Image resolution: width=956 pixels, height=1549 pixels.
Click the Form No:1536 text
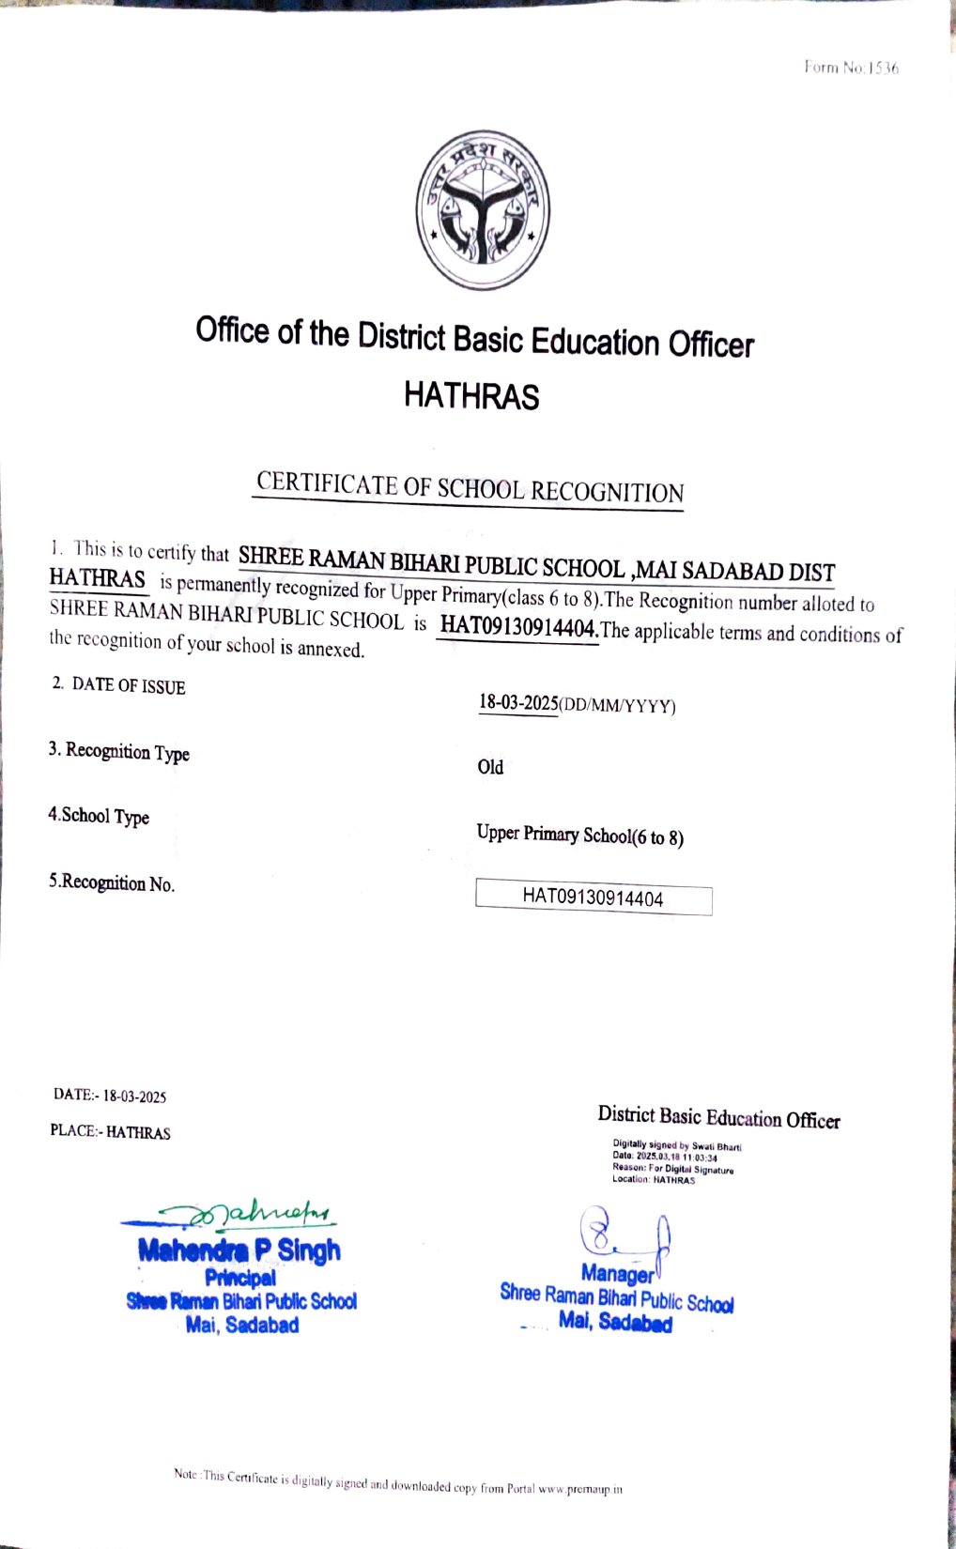851,68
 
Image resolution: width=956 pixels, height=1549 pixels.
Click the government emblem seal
483,210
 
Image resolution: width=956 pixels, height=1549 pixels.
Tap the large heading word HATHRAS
471,395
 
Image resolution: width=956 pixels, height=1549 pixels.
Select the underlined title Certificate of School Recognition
470,488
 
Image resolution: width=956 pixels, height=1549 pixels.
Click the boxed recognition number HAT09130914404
593,898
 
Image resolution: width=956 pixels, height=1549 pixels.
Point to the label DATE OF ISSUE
129,686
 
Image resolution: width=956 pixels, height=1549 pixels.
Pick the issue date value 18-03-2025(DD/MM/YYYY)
577,704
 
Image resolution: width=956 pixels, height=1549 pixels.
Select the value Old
490,767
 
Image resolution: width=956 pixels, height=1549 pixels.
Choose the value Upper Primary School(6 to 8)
579,835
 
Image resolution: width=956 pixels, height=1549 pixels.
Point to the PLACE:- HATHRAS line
111,1132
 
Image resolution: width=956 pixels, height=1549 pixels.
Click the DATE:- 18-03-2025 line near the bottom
110,1096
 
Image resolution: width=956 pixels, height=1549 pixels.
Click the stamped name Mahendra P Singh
239,1250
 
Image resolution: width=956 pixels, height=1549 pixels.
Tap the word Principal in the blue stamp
240,1278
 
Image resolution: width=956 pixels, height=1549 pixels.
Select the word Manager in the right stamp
617,1274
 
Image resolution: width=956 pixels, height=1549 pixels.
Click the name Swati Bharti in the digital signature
717,1146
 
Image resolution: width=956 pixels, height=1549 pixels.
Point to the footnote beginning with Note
397,1481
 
